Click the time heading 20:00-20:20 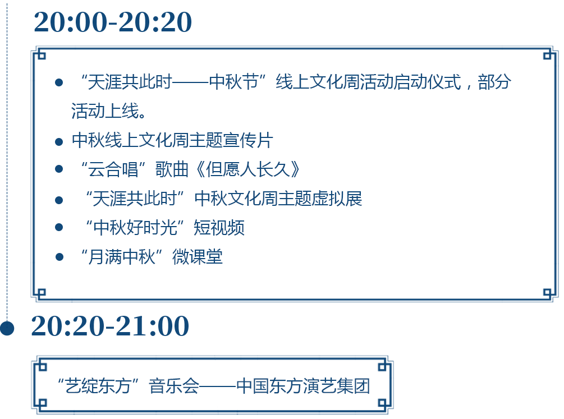[x=113, y=22]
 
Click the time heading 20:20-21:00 [x=110, y=326]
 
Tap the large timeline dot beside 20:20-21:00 [x=7, y=328]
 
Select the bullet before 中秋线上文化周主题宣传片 [x=59, y=142]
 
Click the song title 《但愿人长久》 [x=248, y=169]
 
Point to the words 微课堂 [x=198, y=257]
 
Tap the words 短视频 [x=219, y=228]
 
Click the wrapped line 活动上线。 [x=108, y=110]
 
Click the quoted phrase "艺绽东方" [x=98, y=386]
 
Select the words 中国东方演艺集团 [x=303, y=386]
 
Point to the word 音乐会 [x=174, y=386]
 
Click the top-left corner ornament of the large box [x=40, y=54]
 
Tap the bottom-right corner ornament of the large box [x=549, y=293]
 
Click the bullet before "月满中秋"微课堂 [x=59, y=257]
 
